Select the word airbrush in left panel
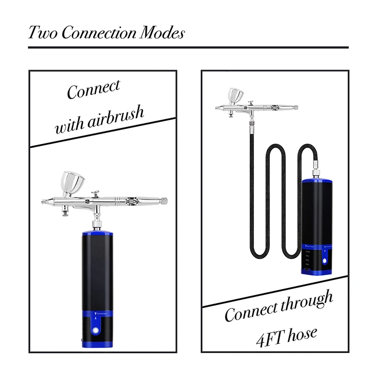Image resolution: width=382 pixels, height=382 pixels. coord(117,118)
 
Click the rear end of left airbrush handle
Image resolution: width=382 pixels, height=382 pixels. coord(165,200)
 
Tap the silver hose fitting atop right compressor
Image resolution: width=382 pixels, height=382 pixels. coord(315,172)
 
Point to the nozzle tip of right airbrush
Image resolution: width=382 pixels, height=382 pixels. coord(216,108)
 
